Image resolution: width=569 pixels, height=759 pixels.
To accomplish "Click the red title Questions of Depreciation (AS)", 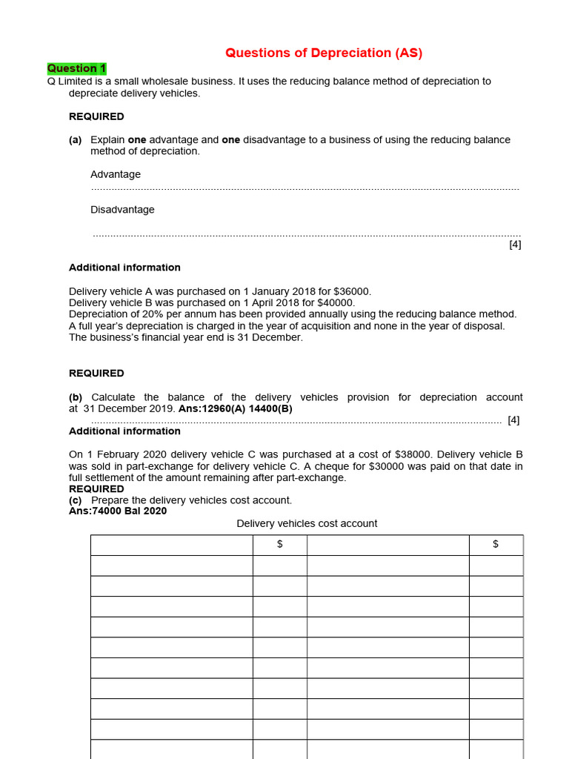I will (324, 53).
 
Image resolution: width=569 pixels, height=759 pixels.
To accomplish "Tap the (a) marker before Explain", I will (76, 139).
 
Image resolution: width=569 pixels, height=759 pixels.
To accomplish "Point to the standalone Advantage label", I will (115, 174).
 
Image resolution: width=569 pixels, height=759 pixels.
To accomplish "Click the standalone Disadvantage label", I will (122, 210).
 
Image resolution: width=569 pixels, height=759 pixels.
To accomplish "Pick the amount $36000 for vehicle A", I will (352, 291).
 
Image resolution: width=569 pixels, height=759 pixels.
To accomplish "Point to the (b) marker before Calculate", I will (76, 397).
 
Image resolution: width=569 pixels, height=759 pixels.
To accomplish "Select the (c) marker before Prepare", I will (76, 500).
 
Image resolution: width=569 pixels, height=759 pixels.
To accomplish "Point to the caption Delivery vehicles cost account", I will (307, 523).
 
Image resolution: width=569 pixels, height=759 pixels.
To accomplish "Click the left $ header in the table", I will (279, 545).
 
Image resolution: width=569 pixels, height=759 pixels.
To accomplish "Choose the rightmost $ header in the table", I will (496, 545).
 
